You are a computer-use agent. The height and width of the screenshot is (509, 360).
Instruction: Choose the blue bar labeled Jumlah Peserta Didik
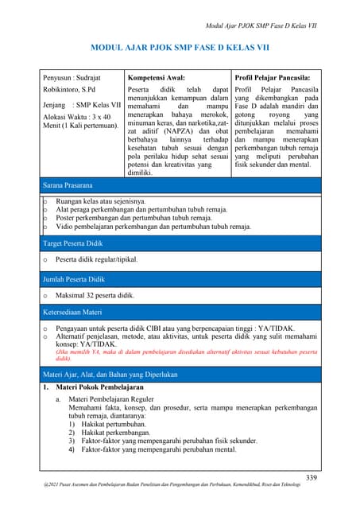[180, 279]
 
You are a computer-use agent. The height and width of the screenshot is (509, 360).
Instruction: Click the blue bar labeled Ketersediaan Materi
[180, 313]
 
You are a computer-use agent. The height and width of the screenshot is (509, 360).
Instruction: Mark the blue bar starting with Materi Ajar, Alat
[180, 374]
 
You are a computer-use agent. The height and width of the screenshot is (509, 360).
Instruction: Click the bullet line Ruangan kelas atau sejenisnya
[100, 201]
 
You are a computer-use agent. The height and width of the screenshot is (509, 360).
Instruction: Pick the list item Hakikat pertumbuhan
[116, 423]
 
